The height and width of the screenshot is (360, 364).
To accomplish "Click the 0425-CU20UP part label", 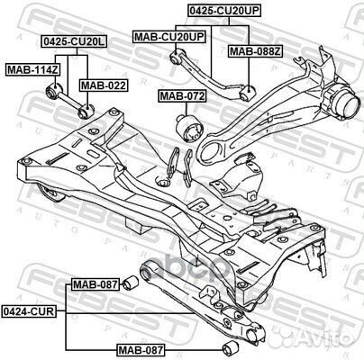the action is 223,11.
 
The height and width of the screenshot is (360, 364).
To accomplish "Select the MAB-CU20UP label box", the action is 169,37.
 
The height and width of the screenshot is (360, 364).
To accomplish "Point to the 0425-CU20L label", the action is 74,41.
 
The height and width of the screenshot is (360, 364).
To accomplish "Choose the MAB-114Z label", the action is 32,70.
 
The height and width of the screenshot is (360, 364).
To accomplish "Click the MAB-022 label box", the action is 104,85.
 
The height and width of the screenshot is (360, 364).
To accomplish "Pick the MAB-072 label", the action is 183,96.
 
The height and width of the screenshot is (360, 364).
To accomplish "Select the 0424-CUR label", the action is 29,311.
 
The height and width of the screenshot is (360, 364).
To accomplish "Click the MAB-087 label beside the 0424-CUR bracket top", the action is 96,284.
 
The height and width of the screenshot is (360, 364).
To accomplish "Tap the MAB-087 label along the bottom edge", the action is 141,349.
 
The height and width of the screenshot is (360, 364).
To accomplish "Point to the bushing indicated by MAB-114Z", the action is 54,90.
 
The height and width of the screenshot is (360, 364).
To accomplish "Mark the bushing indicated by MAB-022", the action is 86,111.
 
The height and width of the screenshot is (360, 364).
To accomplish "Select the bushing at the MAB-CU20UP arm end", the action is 177,56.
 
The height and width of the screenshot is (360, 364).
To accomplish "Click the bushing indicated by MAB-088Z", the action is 248,92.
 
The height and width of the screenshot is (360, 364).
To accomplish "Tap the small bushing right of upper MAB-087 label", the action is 131,282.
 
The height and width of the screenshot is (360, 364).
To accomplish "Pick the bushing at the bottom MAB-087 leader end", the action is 231,347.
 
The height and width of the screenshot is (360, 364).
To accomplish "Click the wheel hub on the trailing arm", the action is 345,103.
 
